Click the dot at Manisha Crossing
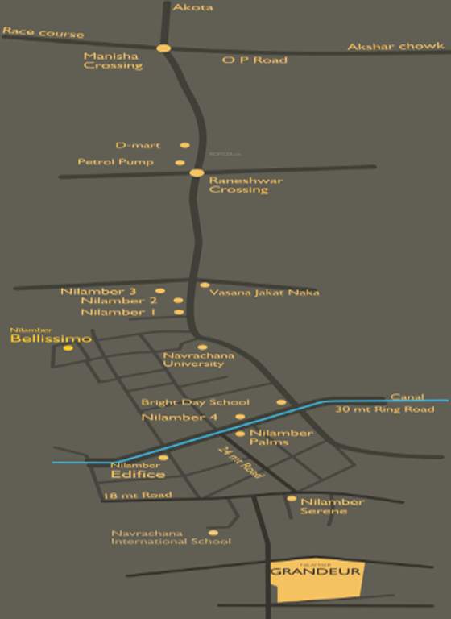tap(163, 48)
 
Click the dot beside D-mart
tap(185, 146)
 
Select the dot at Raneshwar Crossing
tap(197, 172)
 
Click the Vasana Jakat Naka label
tap(264, 293)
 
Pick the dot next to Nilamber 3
tap(160, 291)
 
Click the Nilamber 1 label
tap(118, 312)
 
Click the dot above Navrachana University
tap(202, 347)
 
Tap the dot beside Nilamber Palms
tap(239, 434)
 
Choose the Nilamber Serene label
tap(332, 507)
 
